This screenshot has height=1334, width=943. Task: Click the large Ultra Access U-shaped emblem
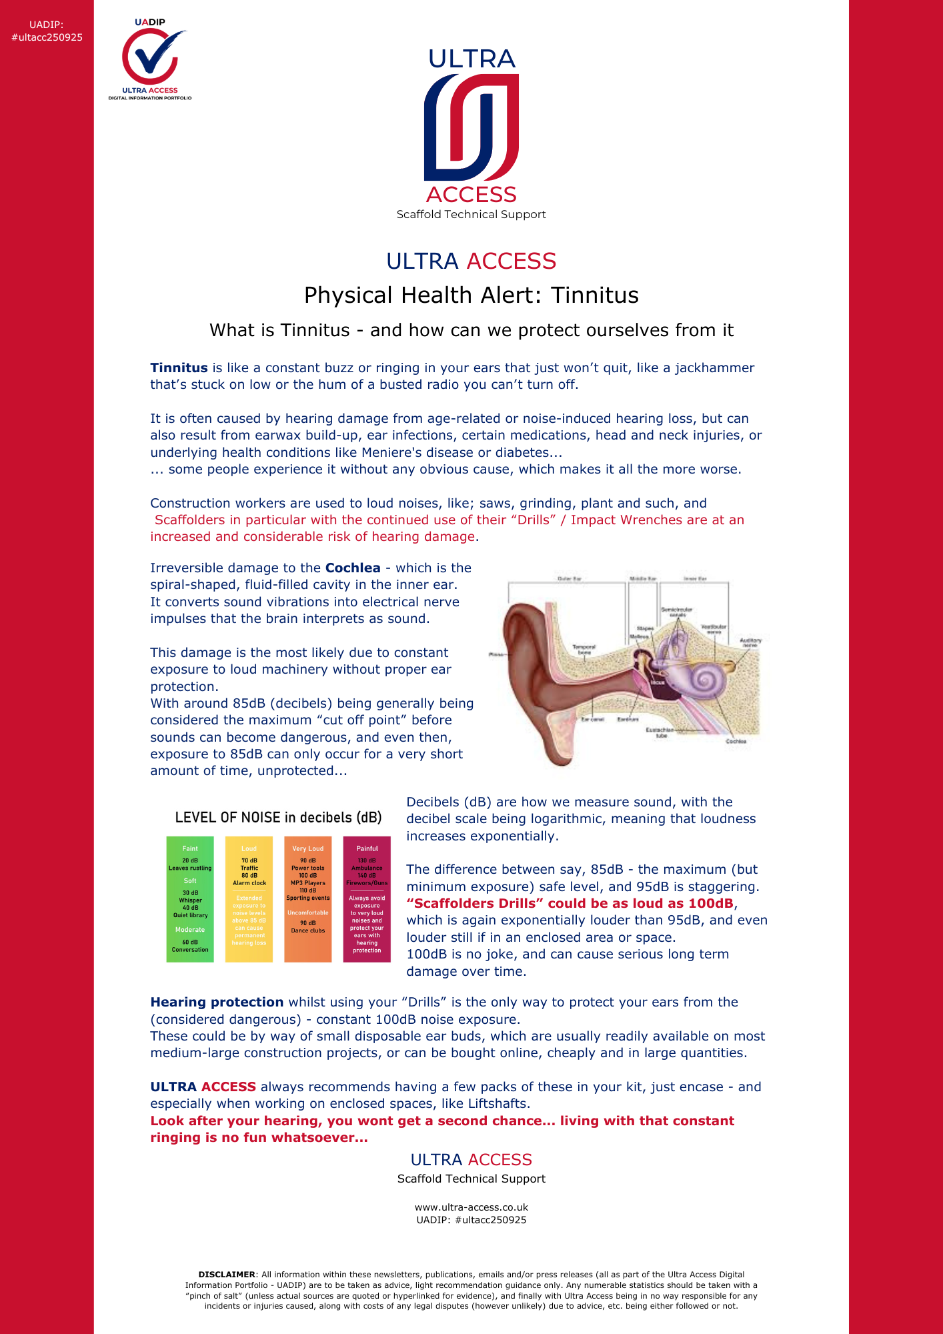(471, 127)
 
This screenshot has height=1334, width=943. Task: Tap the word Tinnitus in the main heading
(595, 295)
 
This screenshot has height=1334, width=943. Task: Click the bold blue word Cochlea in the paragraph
(353, 568)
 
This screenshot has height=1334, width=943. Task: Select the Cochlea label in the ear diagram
(736, 741)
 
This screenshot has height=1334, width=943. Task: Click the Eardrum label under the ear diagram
(628, 720)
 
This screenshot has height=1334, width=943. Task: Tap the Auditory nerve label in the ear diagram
(750, 642)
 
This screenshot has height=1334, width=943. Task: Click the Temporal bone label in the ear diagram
(584, 649)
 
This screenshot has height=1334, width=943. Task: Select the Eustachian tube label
(660, 732)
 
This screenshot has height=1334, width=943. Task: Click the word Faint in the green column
(190, 848)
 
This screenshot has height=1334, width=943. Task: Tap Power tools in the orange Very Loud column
(308, 868)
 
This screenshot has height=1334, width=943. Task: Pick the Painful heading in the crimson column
(367, 848)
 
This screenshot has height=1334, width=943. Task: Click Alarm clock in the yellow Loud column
(249, 882)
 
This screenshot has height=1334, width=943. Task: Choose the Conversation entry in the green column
(190, 949)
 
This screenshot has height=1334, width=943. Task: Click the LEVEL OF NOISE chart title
(278, 818)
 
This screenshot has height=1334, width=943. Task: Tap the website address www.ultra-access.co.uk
(471, 1207)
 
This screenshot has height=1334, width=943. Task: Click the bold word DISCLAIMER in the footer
(227, 1274)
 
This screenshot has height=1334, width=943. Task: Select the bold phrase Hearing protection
(217, 1002)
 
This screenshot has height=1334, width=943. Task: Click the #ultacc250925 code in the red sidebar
(47, 37)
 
